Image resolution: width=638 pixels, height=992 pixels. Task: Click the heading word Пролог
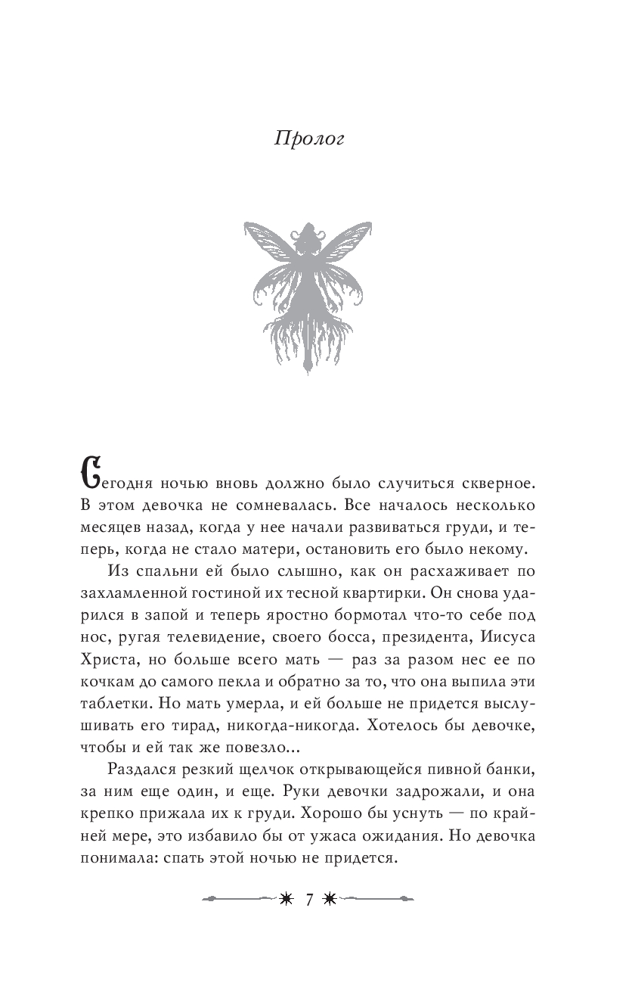click(308, 140)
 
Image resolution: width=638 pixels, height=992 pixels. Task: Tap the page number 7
click(308, 900)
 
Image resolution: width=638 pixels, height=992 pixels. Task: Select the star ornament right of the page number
click(330, 900)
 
